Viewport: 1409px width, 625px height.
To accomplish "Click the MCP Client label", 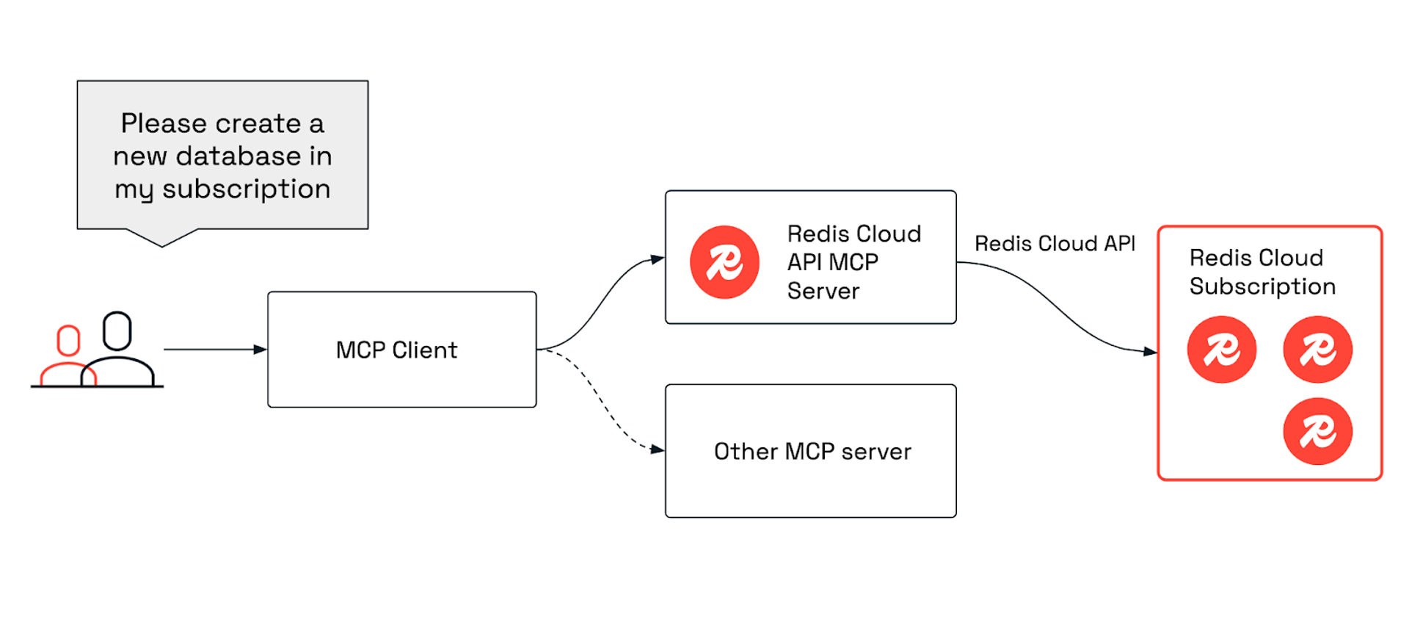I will [396, 350].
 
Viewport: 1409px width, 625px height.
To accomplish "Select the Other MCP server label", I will [812, 451].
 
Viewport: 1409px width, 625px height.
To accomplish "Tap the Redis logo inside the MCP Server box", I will [724, 262].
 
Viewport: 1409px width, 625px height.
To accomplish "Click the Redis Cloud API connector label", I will [1054, 244].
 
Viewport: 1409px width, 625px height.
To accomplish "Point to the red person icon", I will [67, 357].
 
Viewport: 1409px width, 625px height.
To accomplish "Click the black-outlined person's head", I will [117, 330].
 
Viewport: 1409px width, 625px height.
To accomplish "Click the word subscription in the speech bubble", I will [246, 189].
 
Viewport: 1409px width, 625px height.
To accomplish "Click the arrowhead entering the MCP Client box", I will [261, 350].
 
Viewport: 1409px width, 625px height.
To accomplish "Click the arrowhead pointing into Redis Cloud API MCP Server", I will [658, 259].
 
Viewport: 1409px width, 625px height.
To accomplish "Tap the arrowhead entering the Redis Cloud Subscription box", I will [1150, 352].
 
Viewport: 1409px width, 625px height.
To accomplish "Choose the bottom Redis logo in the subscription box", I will [1317, 431].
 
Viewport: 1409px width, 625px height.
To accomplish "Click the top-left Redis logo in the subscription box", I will [1221, 350].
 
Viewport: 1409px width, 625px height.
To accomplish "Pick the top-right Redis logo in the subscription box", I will [1317, 350].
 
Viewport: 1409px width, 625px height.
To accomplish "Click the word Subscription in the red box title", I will [1262, 286].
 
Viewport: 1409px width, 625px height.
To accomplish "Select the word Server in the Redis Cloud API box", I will [823, 292].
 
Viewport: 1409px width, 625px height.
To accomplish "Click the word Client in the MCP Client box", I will [424, 350].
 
